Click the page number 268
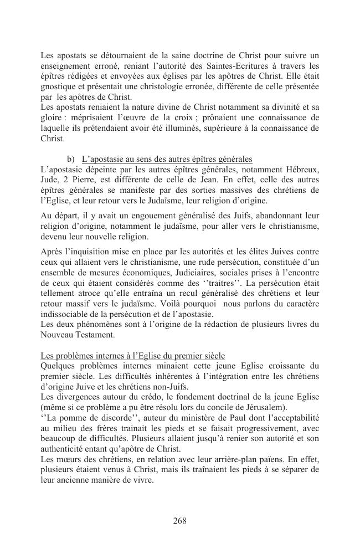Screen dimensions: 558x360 [179, 520]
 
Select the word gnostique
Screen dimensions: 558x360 [59, 87]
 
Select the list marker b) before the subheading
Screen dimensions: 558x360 [71, 159]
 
